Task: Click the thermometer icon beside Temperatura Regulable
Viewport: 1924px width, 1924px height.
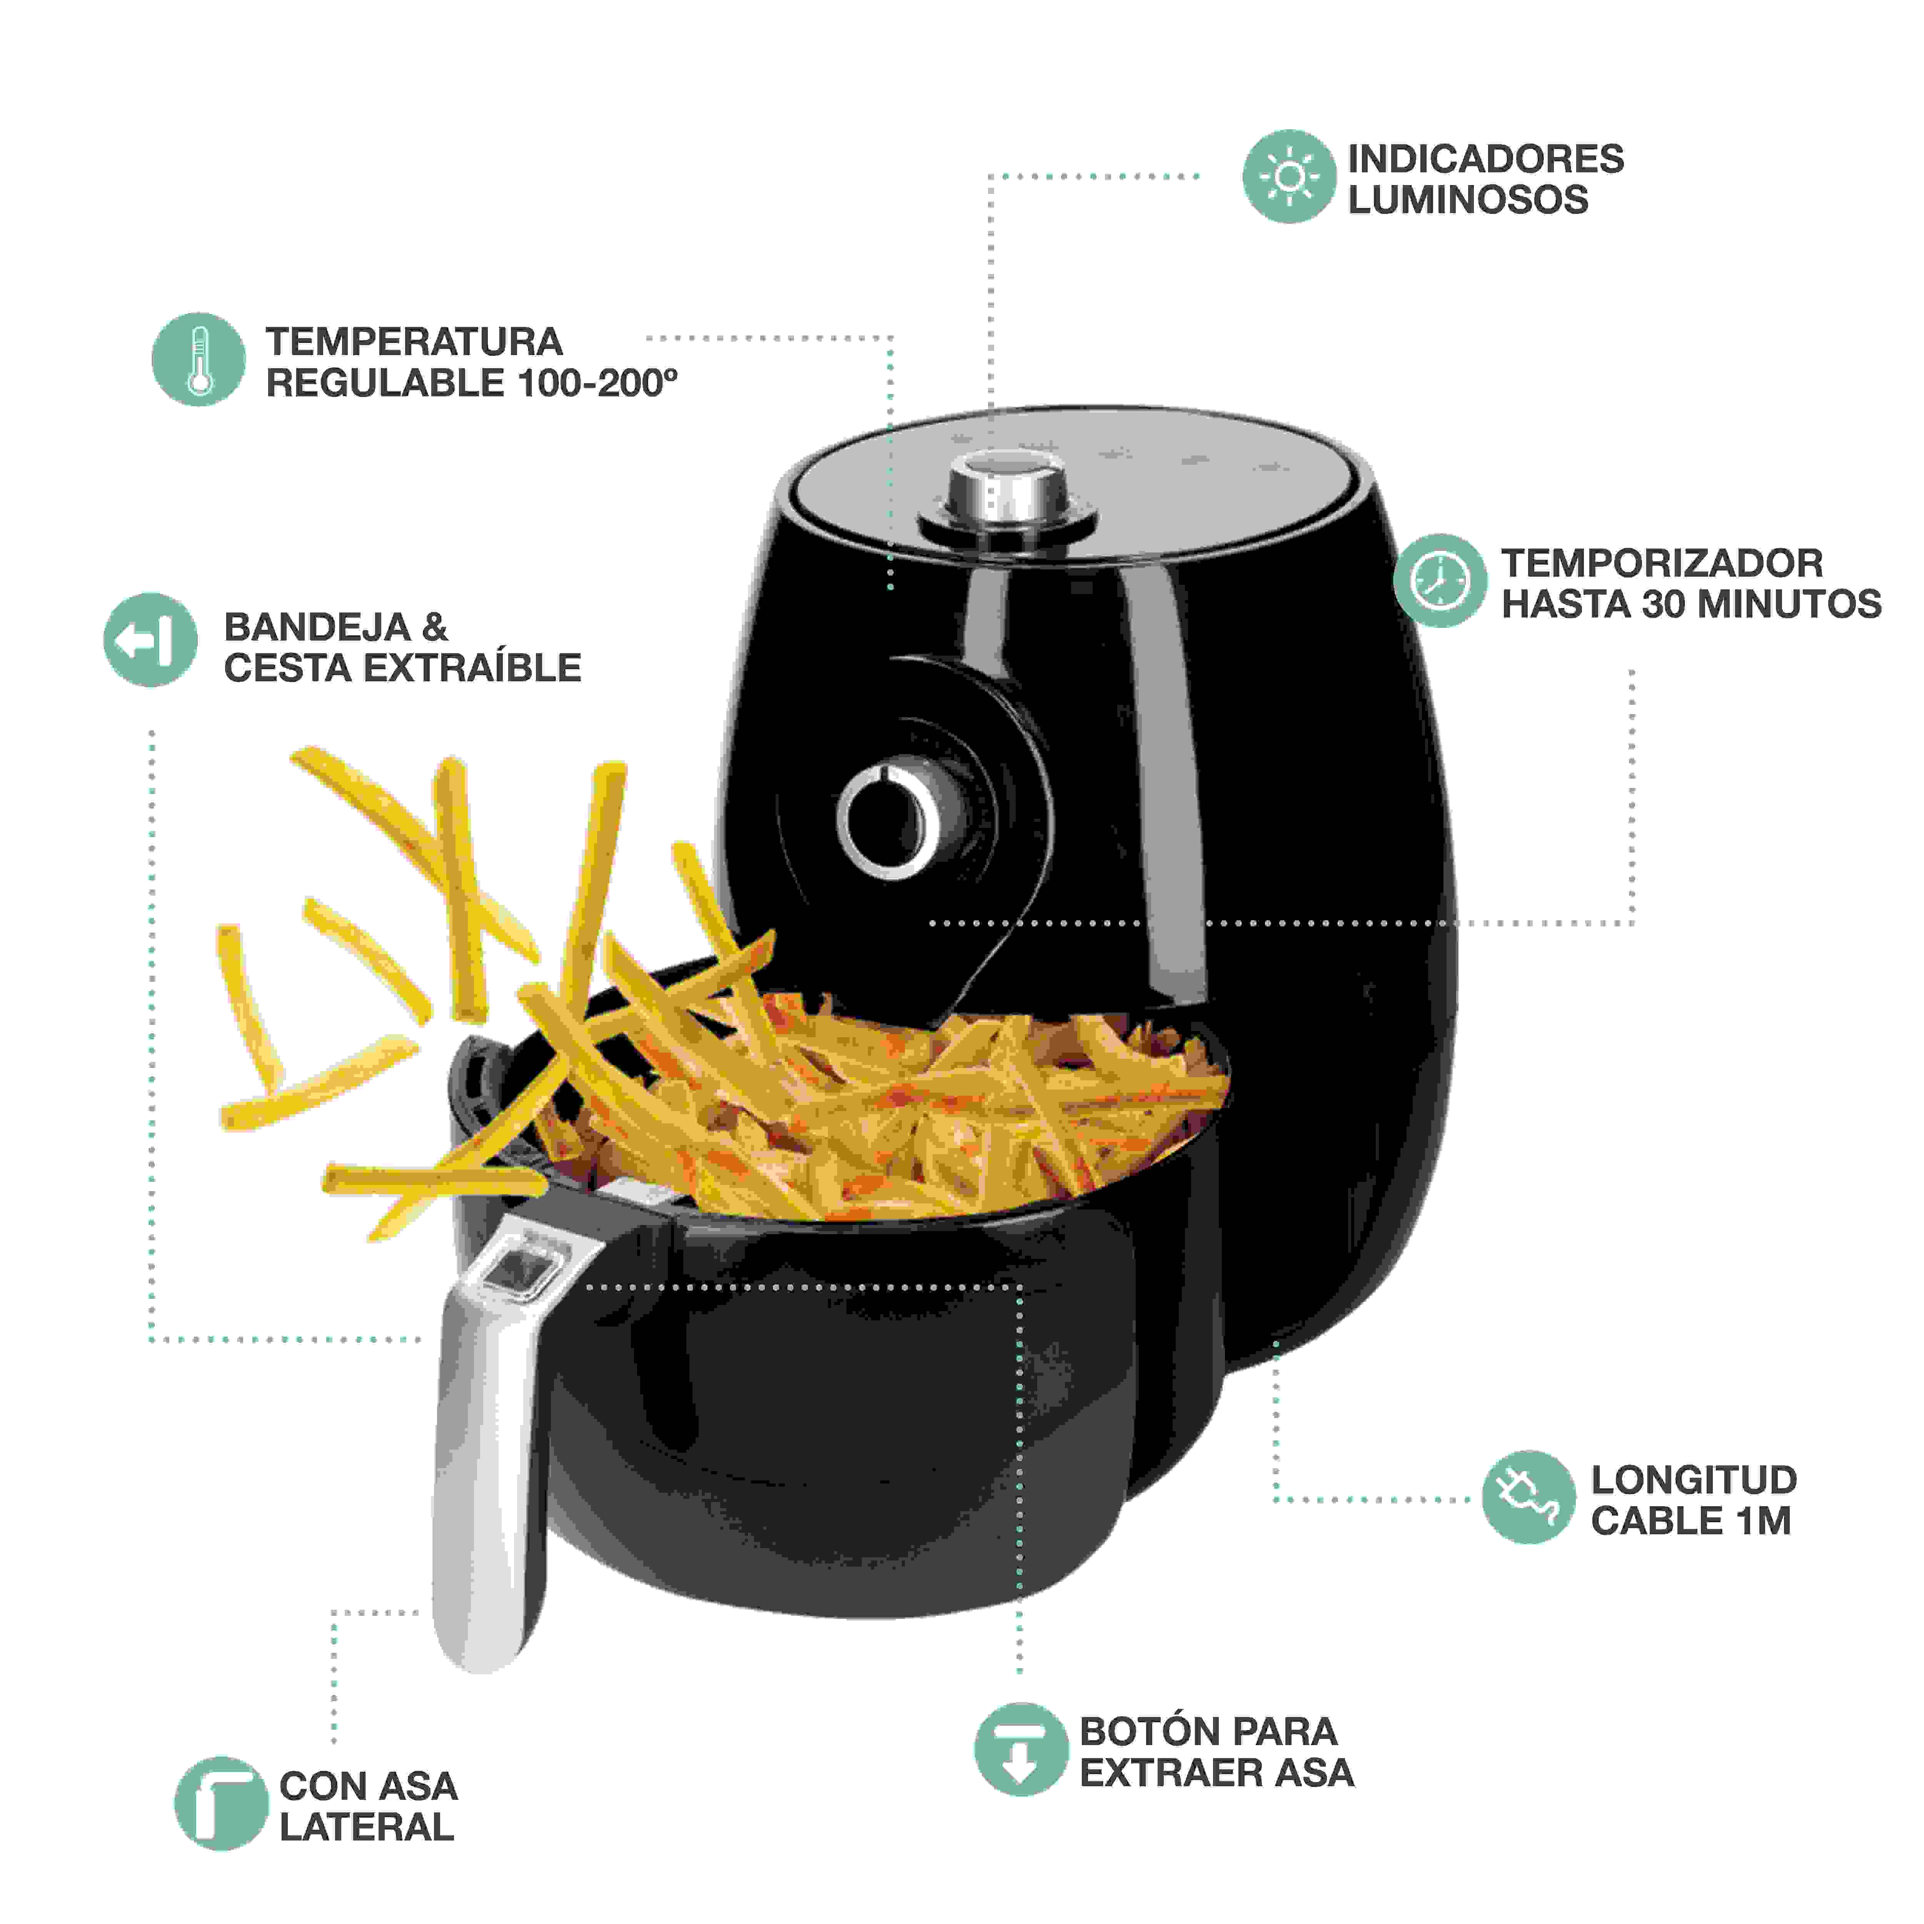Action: [x=198, y=359]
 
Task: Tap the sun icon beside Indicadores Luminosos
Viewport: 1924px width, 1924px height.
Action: [x=1289, y=176]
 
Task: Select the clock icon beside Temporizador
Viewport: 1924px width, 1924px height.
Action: [x=1440, y=581]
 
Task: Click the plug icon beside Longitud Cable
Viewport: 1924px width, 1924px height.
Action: [x=1528, y=1497]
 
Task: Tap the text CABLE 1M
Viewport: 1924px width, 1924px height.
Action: [x=1691, y=1521]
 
